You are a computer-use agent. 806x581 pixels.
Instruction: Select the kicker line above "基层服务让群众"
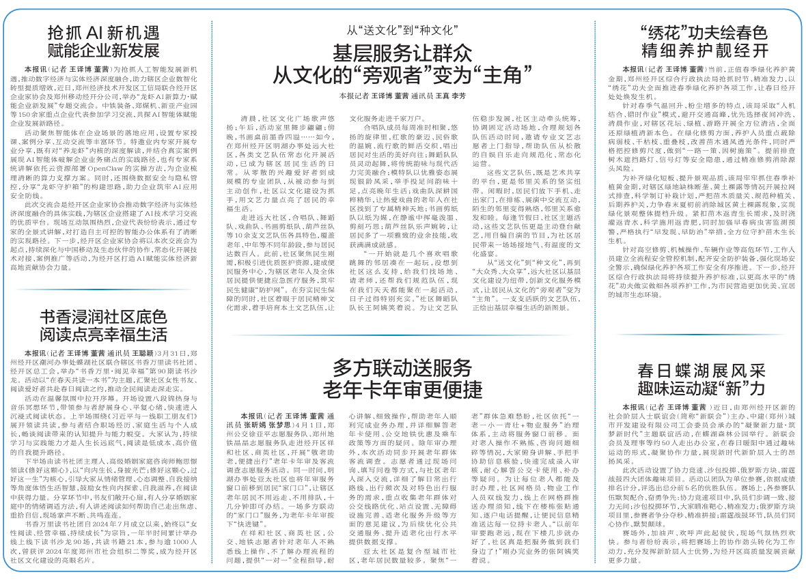click(x=402, y=31)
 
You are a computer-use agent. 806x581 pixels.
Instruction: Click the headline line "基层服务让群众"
click(x=402, y=53)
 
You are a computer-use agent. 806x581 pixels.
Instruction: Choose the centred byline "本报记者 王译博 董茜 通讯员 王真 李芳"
click(x=402, y=96)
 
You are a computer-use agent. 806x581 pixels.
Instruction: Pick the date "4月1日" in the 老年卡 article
click(x=286, y=424)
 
